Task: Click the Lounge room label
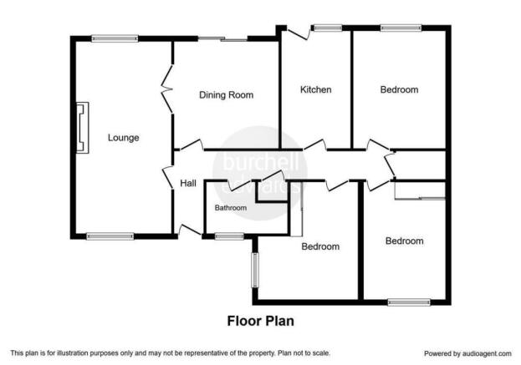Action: tap(123, 138)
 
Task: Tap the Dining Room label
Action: tap(227, 95)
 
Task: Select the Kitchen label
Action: tap(315, 89)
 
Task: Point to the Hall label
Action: tap(188, 183)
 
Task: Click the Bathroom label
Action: tap(231, 208)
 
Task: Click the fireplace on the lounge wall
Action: tap(83, 128)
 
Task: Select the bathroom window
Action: tap(229, 236)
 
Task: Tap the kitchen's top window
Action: tap(328, 28)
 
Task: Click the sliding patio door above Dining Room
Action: tap(223, 39)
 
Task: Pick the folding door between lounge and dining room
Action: tap(167, 89)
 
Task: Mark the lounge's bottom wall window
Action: tap(110, 236)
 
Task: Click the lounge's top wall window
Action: tap(115, 38)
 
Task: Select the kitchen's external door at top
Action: tap(299, 33)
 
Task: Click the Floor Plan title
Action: tap(261, 321)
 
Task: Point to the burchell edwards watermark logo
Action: tap(260, 173)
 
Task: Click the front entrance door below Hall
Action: tap(190, 231)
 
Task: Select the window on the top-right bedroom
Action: tap(401, 28)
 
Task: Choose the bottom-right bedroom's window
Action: tap(409, 302)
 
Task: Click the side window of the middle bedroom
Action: tap(255, 270)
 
